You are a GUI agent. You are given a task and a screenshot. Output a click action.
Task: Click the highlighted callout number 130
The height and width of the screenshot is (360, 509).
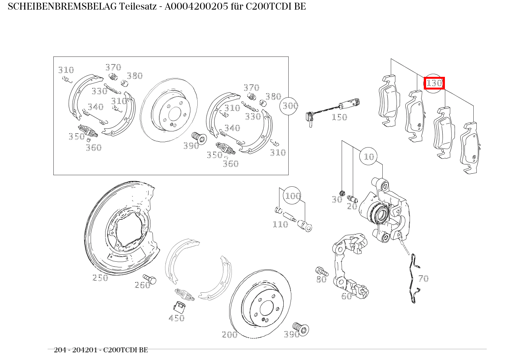pos(434,83)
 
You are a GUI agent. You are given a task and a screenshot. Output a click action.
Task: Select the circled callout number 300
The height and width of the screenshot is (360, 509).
pos(290,105)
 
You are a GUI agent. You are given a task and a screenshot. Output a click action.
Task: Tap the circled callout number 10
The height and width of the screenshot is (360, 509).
pos(369,156)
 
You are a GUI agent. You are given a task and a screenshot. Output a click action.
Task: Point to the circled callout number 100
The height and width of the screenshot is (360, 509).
pos(292,196)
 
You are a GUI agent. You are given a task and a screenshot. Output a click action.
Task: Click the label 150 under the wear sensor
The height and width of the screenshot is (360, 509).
pos(339,117)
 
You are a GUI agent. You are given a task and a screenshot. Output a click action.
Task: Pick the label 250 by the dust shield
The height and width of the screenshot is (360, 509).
pos(100,278)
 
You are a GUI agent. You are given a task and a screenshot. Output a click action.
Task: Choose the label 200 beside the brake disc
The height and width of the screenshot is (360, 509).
pos(230,335)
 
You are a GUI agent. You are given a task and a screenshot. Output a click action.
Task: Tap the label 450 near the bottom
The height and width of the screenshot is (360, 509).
pos(177,318)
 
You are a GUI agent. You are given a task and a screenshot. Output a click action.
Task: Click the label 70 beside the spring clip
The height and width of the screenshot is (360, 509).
pos(423,279)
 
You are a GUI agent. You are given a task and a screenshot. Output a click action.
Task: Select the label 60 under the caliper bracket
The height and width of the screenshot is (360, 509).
pos(346,296)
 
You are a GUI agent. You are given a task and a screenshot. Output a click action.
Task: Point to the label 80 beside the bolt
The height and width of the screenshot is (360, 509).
pos(321,280)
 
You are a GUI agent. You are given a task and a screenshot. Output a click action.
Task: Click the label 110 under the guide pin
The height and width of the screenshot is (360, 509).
pos(280,224)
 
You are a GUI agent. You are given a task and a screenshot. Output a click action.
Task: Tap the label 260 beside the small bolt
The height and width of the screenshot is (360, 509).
pos(142,285)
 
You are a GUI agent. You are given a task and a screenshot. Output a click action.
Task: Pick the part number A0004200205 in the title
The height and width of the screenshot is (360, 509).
pos(196,7)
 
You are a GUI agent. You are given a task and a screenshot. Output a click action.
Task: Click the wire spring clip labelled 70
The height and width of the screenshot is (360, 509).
pos(413,279)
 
